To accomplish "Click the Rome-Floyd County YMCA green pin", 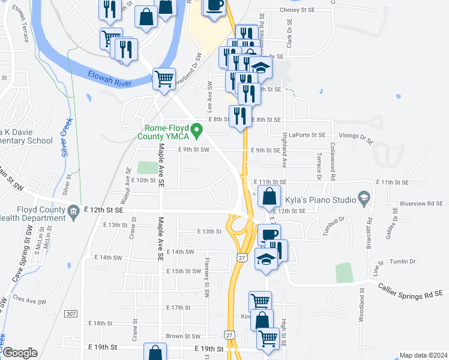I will (x=196, y=129).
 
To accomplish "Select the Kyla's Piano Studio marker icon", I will (x=363, y=197).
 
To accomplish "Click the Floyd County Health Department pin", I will (x=73, y=211).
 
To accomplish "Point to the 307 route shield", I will (x=71, y=314).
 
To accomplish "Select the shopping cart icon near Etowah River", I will (x=164, y=79).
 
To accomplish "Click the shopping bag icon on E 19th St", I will (x=155, y=353).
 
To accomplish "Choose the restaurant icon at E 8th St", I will (x=240, y=115).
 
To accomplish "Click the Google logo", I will (x=20, y=353).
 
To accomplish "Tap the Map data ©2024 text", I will (x=423, y=355).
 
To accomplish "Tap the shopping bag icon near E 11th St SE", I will (x=270, y=196).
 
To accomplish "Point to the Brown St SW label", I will (x=183, y=337).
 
